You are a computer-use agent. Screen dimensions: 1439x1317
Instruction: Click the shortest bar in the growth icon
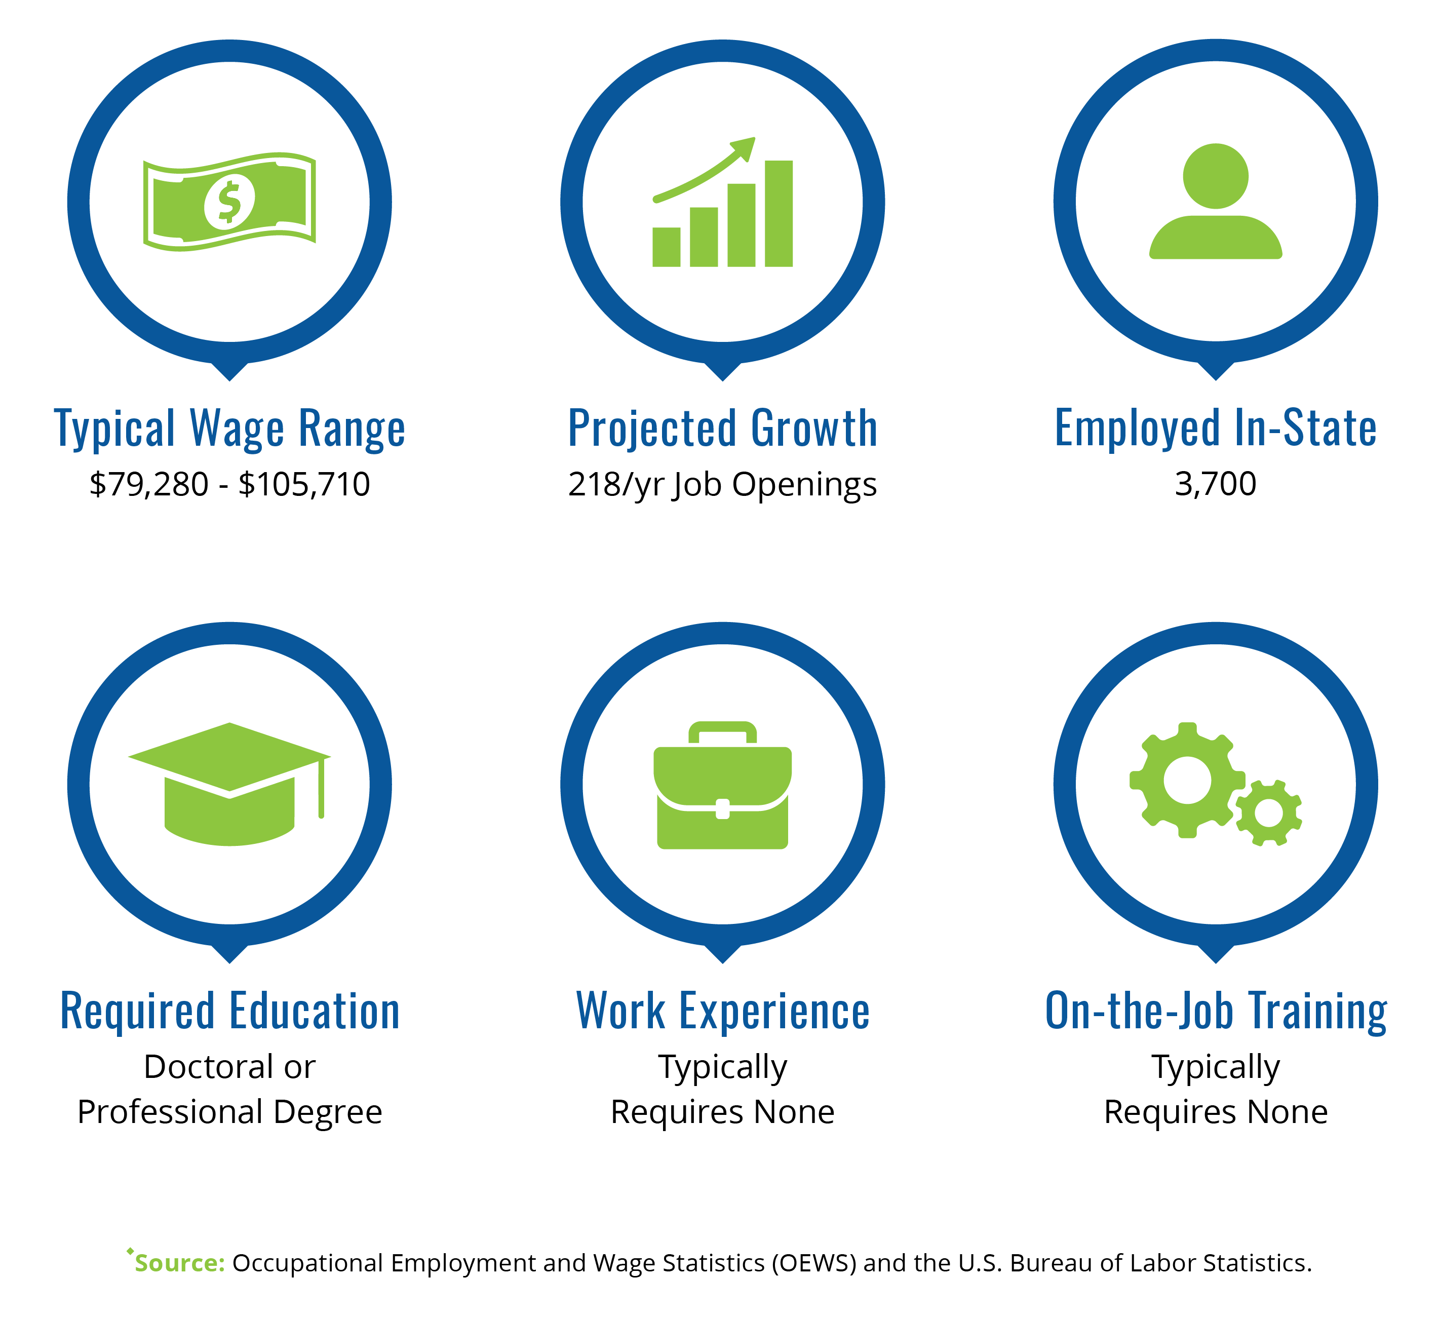pyautogui.click(x=666, y=247)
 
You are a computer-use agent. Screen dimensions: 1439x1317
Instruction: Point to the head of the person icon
pyautogui.click(x=1216, y=176)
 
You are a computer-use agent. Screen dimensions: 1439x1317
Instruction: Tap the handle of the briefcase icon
pyautogui.click(x=722, y=731)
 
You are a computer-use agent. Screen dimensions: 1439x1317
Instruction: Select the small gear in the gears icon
pyautogui.click(x=1268, y=813)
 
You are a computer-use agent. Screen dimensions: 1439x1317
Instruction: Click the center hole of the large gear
pyautogui.click(x=1188, y=780)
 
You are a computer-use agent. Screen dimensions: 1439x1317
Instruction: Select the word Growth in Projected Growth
pyautogui.click(x=814, y=429)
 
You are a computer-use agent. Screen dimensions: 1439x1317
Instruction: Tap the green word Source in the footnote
pyautogui.click(x=180, y=1263)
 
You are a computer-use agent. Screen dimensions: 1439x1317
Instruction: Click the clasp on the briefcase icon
pyautogui.click(x=722, y=809)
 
